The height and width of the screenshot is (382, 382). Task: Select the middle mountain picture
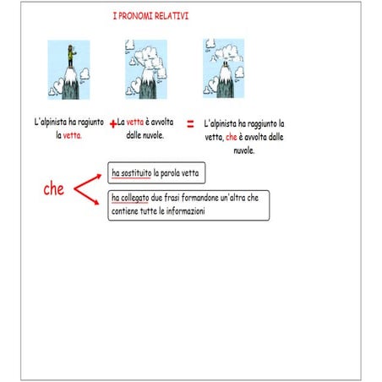pyautogui.click(x=145, y=68)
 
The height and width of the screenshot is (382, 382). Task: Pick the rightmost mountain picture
pyautogui.click(x=224, y=67)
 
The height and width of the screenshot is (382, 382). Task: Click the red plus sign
pyautogui.click(x=112, y=123)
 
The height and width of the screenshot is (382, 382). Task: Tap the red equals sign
pyautogui.click(x=190, y=123)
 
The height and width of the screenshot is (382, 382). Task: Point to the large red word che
pyautogui.click(x=54, y=189)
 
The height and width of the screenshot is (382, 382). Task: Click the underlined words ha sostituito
pyautogui.click(x=132, y=173)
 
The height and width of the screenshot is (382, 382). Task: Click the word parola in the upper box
pyautogui.click(x=166, y=173)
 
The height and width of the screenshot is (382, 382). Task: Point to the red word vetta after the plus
pyautogui.click(x=136, y=123)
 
